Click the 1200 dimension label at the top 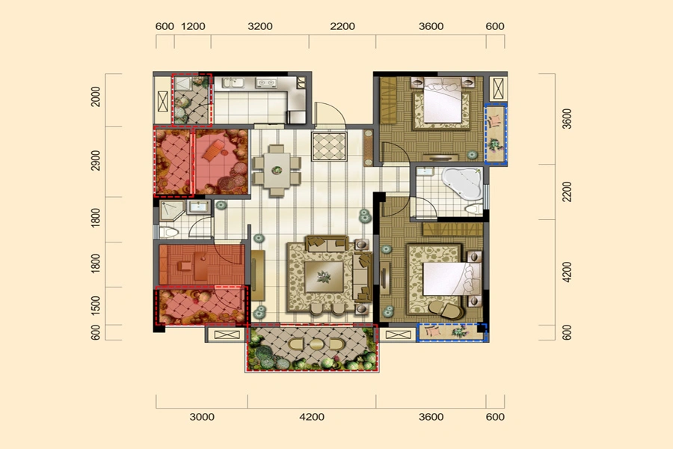(x=193, y=26)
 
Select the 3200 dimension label (x=260, y=26)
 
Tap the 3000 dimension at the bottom (x=202, y=417)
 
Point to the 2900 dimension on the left (x=96, y=160)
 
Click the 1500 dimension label (x=96, y=305)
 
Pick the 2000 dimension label (x=96, y=97)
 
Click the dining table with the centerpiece (x=277, y=170)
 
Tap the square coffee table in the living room (x=324, y=277)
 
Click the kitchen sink (x=233, y=82)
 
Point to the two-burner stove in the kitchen (x=266, y=82)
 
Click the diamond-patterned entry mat (x=329, y=147)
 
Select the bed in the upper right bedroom (x=443, y=102)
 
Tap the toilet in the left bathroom (x=169, y=233)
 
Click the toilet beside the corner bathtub (x=474, y=210)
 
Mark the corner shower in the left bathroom (x=172, y=210)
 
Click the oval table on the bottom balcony (x=317, y=344)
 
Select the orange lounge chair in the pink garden (x=214, y=151)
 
